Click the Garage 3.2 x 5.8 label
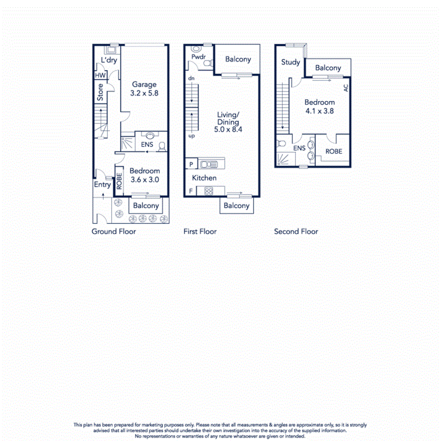pos(144,88)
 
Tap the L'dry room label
pos(109,60)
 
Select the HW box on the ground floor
pos(100,75)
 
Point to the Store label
pos(100,93)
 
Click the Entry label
pos(102,184)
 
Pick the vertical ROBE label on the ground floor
pos(119,180)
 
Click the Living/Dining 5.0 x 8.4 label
pos(228,122)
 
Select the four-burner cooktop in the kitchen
pos(209,191)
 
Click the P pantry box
pos(190,164)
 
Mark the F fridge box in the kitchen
pos(190,191)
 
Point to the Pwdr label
pos(198,57)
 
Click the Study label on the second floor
pos(291,62)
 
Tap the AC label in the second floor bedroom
pos(345,88)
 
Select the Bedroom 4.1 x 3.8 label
pos(319,106)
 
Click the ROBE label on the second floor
pos(334,152)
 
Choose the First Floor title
pos(200,231)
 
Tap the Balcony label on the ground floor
pos(146,206)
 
